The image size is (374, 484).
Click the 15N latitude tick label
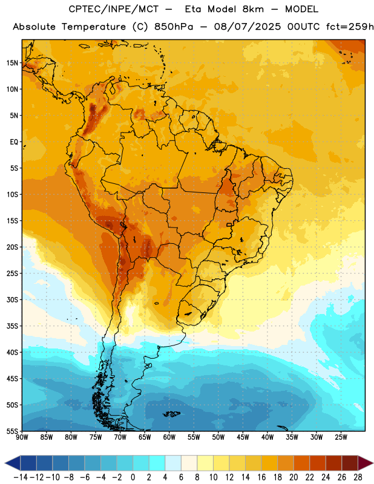tap(12, 63)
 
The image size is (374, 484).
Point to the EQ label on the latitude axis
tap(14, 142)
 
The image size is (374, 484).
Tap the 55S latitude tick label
tap(12, 431)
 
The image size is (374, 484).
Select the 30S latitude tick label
tap(12, 299)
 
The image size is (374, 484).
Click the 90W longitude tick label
tap(22, 437)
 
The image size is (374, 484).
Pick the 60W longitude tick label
tap(169, 437)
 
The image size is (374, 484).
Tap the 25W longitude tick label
tap(341, 437)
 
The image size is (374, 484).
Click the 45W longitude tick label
tap(243, 437)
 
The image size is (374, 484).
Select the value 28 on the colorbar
tap(358, 477)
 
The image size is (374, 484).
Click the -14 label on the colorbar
tap(21, 477)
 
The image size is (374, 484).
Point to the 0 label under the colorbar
tap(133, 477)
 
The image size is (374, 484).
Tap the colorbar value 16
tap(261, 477)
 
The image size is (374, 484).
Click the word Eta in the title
tap(192, 9)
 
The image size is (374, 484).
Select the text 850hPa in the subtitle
tap(174, 27)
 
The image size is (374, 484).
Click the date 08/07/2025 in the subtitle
tap(248, 27)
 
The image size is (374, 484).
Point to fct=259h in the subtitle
tap(350, 27)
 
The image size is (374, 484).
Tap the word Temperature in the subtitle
tap(94, 27)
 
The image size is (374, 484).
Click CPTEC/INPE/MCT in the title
tap(113, 9)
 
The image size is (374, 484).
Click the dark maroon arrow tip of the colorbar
tap(366, 463)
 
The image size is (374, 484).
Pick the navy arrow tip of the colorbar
tap(12, 463)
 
